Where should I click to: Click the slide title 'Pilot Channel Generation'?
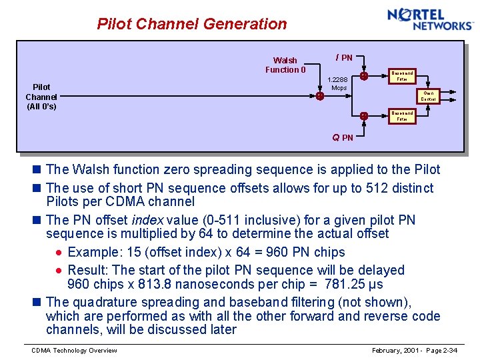[192, 24]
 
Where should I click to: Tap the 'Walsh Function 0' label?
[285, 65]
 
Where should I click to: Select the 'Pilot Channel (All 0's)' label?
[41, 97]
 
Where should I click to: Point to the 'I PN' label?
[344, 57]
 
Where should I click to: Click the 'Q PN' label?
[343, 137]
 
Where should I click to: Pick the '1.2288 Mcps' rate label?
[339, 83]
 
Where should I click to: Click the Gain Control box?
[428, 96]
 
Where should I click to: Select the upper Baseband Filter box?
[402, 76]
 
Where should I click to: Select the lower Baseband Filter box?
[402, 116]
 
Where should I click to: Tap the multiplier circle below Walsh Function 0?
[320, 96]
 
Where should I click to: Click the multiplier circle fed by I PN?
[363, 76]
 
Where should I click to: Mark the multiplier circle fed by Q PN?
[363, 116]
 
